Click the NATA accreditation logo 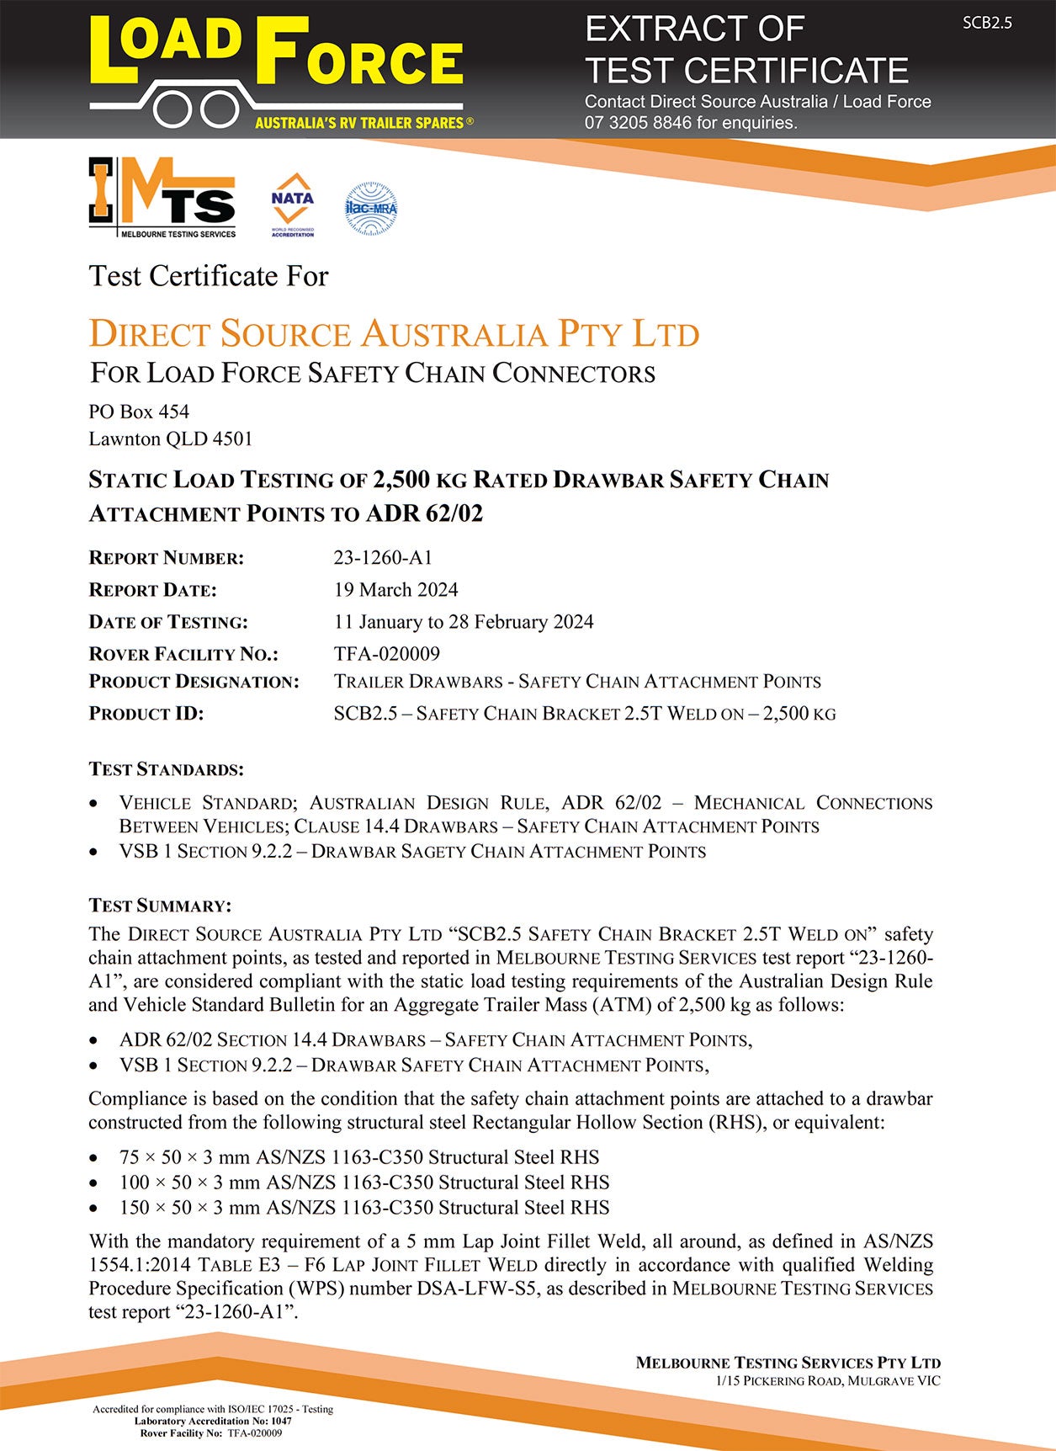(292, 205)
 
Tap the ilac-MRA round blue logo (370, 208)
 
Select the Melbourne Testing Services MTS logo (162, 199)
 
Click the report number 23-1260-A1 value (383, 557)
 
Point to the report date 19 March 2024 (395, 589)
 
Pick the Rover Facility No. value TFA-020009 (386, 653)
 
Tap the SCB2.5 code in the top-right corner (987, 23)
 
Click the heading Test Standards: (167, 769)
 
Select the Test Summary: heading (160, 906)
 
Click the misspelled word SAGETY (432, 852)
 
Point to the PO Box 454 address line (139, 412)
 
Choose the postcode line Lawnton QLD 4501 (171, 438)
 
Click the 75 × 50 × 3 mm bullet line (359, 1157)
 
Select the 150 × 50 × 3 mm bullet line (364, 1208)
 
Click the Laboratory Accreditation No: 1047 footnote (213, 1421)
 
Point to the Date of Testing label (168, 622)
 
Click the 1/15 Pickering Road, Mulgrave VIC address (828, 1381)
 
